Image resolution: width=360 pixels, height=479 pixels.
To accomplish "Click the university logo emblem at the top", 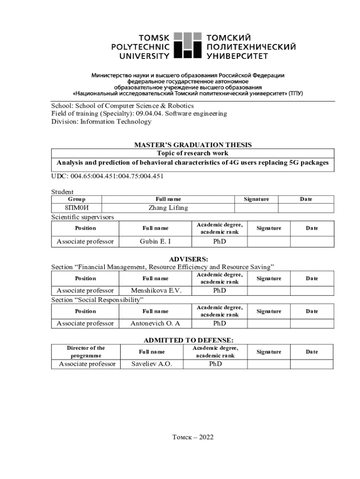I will coord(187,45).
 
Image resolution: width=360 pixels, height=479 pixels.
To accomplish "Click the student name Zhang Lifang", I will coord(168,208).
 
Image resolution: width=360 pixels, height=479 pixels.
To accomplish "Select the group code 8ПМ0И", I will coord(77,208).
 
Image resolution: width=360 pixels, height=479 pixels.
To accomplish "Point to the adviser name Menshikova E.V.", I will coord(156,290).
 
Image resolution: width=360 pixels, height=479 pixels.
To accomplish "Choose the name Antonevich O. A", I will coord(155,323).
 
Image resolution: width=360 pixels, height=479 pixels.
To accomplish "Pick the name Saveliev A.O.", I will coord(151,364).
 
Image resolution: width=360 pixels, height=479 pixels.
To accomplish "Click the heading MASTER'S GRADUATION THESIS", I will coord(193,145).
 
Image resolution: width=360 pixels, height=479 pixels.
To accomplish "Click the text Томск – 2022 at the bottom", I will coord(193,437).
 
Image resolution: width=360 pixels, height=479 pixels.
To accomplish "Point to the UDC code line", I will coord(107,176).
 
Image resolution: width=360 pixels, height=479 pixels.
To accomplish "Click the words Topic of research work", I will coord(193,153).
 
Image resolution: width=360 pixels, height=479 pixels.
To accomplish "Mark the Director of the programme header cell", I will coord(86,352).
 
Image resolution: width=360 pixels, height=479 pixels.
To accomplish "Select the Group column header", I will coord(77,199).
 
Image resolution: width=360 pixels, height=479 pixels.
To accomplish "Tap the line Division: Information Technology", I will coord(101,122).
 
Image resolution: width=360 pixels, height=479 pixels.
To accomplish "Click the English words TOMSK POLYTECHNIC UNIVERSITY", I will coord(140,46).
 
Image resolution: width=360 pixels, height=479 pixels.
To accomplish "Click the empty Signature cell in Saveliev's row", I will coord(269,364).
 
